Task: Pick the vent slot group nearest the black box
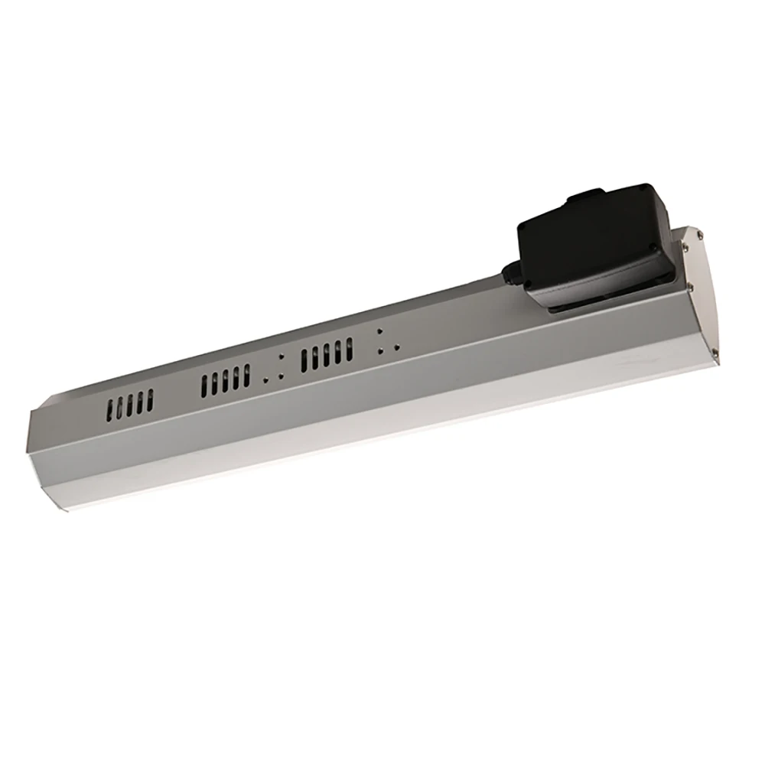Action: pyautogui.click(x=327, y=354)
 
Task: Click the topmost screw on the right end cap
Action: pyautogui.click(x=686, y=237)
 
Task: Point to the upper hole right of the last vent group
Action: pyautogui.click(x=379, y=332)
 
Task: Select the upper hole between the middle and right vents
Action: pyautogui.click(x=282, y=357)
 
